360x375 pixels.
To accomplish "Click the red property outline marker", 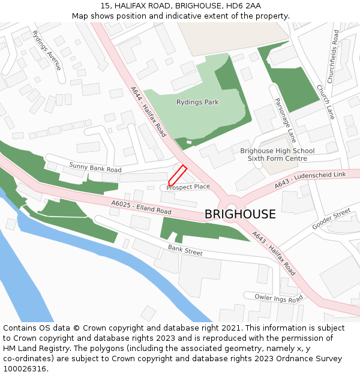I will [x=177, y=175].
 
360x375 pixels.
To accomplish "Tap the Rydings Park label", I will [x=197, y=103].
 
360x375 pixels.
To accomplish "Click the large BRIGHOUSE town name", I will [x=240, y=214].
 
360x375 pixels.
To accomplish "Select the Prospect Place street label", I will [x=188, y=187].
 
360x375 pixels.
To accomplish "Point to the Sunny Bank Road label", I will [x=95, y=167].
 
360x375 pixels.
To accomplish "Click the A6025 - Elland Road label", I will [x=141, y=208].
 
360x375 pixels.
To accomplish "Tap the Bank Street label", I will [x=185, y=250].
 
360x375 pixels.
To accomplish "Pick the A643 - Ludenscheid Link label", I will [x=311, y=181].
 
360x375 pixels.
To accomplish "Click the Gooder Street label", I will [x=331, y=220].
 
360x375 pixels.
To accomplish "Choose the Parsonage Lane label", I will [x=286, y=120].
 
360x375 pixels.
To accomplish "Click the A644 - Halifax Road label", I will [x=148, y=112].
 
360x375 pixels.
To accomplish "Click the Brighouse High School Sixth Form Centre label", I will [x=277, y=155].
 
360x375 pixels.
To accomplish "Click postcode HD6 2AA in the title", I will [x=242, y=5].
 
